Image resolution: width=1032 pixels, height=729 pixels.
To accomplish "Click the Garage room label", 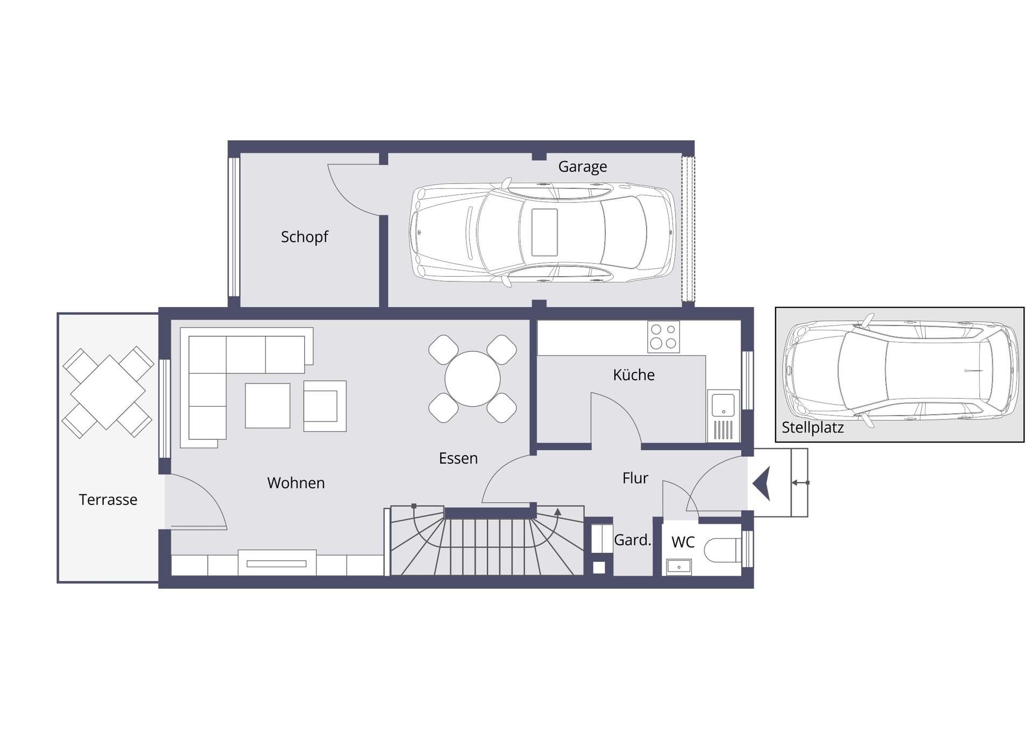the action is pyautogui.click(x=583, y=167).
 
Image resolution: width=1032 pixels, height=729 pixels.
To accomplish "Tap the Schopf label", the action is pyautogui.click(x=304, y=237).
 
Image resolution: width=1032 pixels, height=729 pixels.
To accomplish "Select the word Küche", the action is pyautogui.click(x=634, y=374).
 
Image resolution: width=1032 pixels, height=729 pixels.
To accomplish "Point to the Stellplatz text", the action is pyautogui.click(x=812, y=428).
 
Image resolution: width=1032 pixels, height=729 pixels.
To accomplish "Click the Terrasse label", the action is pyautogui.click(x=108, y=500).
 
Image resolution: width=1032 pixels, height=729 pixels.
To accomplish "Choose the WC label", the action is pyautogui.click(x=683, y=542).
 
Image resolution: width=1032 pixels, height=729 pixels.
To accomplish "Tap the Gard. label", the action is pyautogui.click(x=633, y=540).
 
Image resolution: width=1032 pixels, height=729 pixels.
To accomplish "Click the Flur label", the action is pyautogui.click(x=635, y=478).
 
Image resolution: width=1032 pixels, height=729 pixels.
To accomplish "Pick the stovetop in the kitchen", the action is pyautogui.click(x=663, y=337).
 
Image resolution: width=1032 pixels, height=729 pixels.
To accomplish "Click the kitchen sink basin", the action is pyautogui.click(x=723, y=405).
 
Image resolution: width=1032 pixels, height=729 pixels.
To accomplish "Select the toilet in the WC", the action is pyautogui.click(x=723, y=550).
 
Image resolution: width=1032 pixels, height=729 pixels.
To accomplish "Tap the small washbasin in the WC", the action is pyautogui.click(x=679, y=567).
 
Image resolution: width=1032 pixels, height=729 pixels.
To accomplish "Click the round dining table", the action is pyautogui.click(x=472, y=379).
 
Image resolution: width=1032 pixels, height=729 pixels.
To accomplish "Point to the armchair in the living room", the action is pyautogui.click(x=325, y=406).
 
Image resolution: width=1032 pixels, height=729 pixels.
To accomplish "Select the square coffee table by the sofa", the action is pyautogui.click(x=268, y=406).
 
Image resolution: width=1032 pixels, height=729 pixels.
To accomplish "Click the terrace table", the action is pyautogui.click(x=108, y=392).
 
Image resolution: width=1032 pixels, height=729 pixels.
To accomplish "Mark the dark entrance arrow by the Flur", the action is pyautogui.click(x=762, y=483).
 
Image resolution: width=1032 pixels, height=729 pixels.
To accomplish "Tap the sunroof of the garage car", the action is pyautogui.click(x=544, y=232).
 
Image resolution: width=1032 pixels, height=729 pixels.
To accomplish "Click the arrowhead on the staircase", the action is pyautogui.click(x=558, y=511).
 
